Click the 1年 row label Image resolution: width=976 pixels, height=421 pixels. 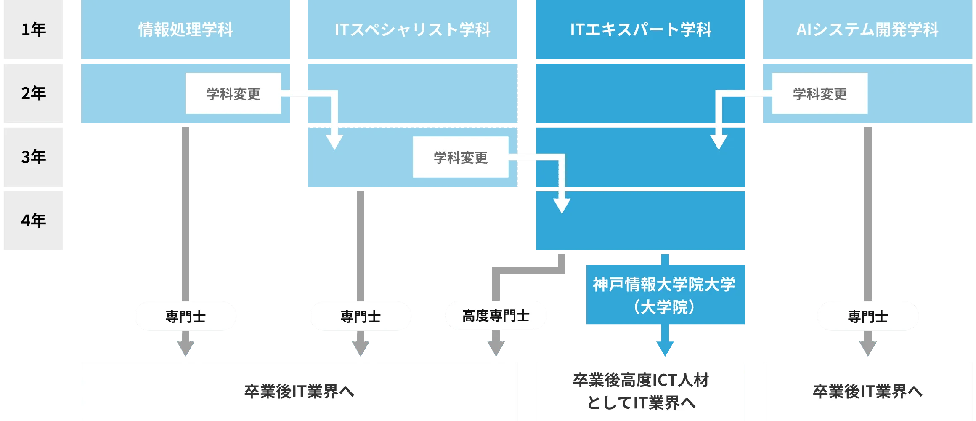coord(34,29)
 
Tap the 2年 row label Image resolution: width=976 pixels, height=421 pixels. coord(34,93)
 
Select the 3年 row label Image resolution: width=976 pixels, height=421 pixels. coord(34,157)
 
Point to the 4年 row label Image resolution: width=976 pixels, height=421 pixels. coord(34,220)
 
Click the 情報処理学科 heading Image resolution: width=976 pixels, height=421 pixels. coord(186,29)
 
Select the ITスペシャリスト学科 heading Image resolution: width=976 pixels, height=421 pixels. coord(412,29)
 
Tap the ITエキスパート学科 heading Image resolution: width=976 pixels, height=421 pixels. coord(640,29)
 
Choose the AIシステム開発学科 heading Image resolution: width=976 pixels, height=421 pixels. coord(867,29)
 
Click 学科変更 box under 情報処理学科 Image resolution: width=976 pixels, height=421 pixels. coord(233,93)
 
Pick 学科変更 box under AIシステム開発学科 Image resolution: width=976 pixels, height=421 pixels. coord(820,93)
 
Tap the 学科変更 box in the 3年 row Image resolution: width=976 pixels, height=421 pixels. coord(460,157)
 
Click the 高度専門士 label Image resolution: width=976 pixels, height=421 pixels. coord(496,316)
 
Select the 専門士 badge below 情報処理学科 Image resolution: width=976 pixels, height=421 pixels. coord(186,317)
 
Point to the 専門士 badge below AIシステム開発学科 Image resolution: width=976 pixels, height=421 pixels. coord(867,317)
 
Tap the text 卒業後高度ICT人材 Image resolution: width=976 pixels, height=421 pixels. coord(641,380)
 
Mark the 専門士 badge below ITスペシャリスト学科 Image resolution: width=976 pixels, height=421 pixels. coord(361,317)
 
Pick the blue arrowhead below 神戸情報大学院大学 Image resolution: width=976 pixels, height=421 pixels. coord(666,348)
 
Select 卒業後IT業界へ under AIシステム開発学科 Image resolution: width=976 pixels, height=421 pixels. coord(867,392)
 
